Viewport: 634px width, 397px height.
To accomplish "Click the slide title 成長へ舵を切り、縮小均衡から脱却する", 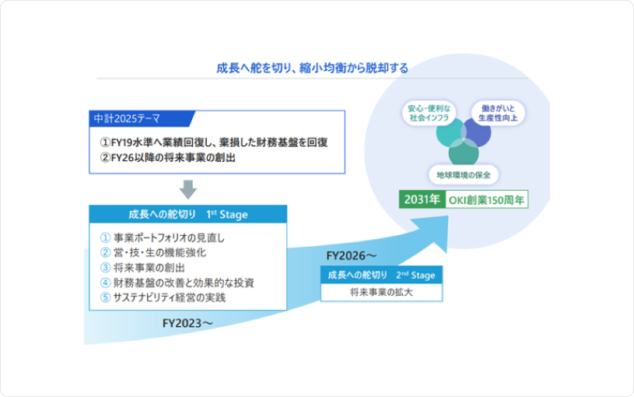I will tap(312, 68).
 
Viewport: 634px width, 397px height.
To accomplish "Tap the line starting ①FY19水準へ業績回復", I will tap(213, 142).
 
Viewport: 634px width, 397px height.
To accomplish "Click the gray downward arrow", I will tap(188, 189).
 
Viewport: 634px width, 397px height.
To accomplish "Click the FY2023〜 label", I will tap(187, 321).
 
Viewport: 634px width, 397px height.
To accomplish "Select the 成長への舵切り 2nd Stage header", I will tap(381, 275).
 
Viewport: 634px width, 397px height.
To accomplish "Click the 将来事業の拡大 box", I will tap(381, 293).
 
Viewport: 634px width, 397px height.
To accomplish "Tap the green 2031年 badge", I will tap(422, 199).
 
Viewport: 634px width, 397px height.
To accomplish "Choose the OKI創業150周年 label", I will tap(487, 199).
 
